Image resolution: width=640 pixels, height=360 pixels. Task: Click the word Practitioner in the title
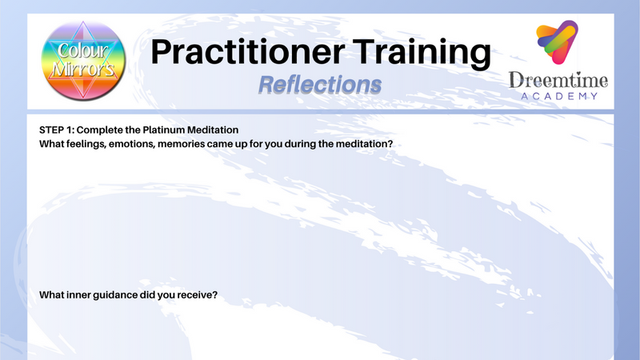(x=248, y=52)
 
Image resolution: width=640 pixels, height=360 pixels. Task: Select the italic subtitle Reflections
(x=320, y=85)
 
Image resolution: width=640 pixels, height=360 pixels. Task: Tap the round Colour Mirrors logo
(x=83, y=61)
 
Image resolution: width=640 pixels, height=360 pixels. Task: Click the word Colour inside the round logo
(x=83, y=50)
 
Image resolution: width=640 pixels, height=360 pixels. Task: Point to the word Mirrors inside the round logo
(x=83, y=70)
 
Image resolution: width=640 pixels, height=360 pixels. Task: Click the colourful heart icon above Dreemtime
(x=557, y=42)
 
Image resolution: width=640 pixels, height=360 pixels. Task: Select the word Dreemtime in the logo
(x=558, y=80)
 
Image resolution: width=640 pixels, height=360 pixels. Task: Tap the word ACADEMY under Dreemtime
(x=559, y=96)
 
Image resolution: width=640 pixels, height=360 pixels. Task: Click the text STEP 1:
(x=57, y=130)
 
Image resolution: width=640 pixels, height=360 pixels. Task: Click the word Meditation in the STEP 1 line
(x=213, y=130)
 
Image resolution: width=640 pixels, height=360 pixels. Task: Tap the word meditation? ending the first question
(x=364, y=144)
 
